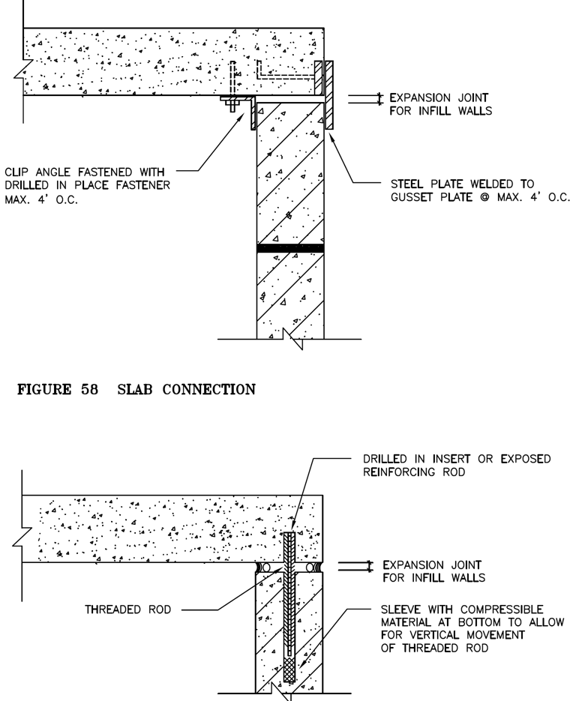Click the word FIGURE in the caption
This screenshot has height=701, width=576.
43,389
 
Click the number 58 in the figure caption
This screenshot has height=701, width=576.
89,389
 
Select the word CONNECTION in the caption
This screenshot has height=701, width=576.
208,389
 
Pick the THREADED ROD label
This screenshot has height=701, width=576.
128,610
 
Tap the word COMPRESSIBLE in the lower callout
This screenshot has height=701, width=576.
502,610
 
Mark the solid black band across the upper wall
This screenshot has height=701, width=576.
290,248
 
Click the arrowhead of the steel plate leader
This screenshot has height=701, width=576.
331,135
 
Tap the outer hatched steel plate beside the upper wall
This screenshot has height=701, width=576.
329,95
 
